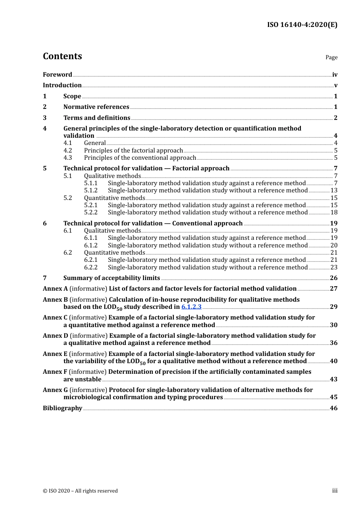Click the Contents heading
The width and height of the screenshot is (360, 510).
point(62,56)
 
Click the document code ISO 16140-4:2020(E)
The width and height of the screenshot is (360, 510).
point(302,25)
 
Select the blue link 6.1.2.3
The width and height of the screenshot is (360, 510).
point(191,307)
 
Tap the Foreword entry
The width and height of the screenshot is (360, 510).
point(57,75)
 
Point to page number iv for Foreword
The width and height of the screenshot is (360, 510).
point(335,75)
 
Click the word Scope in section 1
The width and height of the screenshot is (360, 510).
point(72,96)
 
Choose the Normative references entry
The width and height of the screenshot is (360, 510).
point(96,107)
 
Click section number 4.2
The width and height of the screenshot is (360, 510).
point(67,151)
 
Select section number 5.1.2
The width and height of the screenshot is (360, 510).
point(91,190)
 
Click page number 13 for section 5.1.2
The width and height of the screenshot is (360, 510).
point(334,190)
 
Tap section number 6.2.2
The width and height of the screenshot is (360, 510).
point(91,268)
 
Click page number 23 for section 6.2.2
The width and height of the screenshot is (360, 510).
point(334,268)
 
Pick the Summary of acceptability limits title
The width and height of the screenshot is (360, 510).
point(111,278)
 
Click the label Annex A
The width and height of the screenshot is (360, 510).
point(55,289)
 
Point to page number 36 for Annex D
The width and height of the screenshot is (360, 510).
point(333,343)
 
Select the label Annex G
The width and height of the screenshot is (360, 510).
point(55,390)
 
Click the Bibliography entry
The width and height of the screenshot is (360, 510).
point(63,408)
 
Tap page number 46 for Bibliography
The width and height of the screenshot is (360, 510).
point(333,408)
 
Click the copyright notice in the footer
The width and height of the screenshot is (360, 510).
point(80,491)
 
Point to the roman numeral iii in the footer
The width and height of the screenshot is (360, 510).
point(335,491)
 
